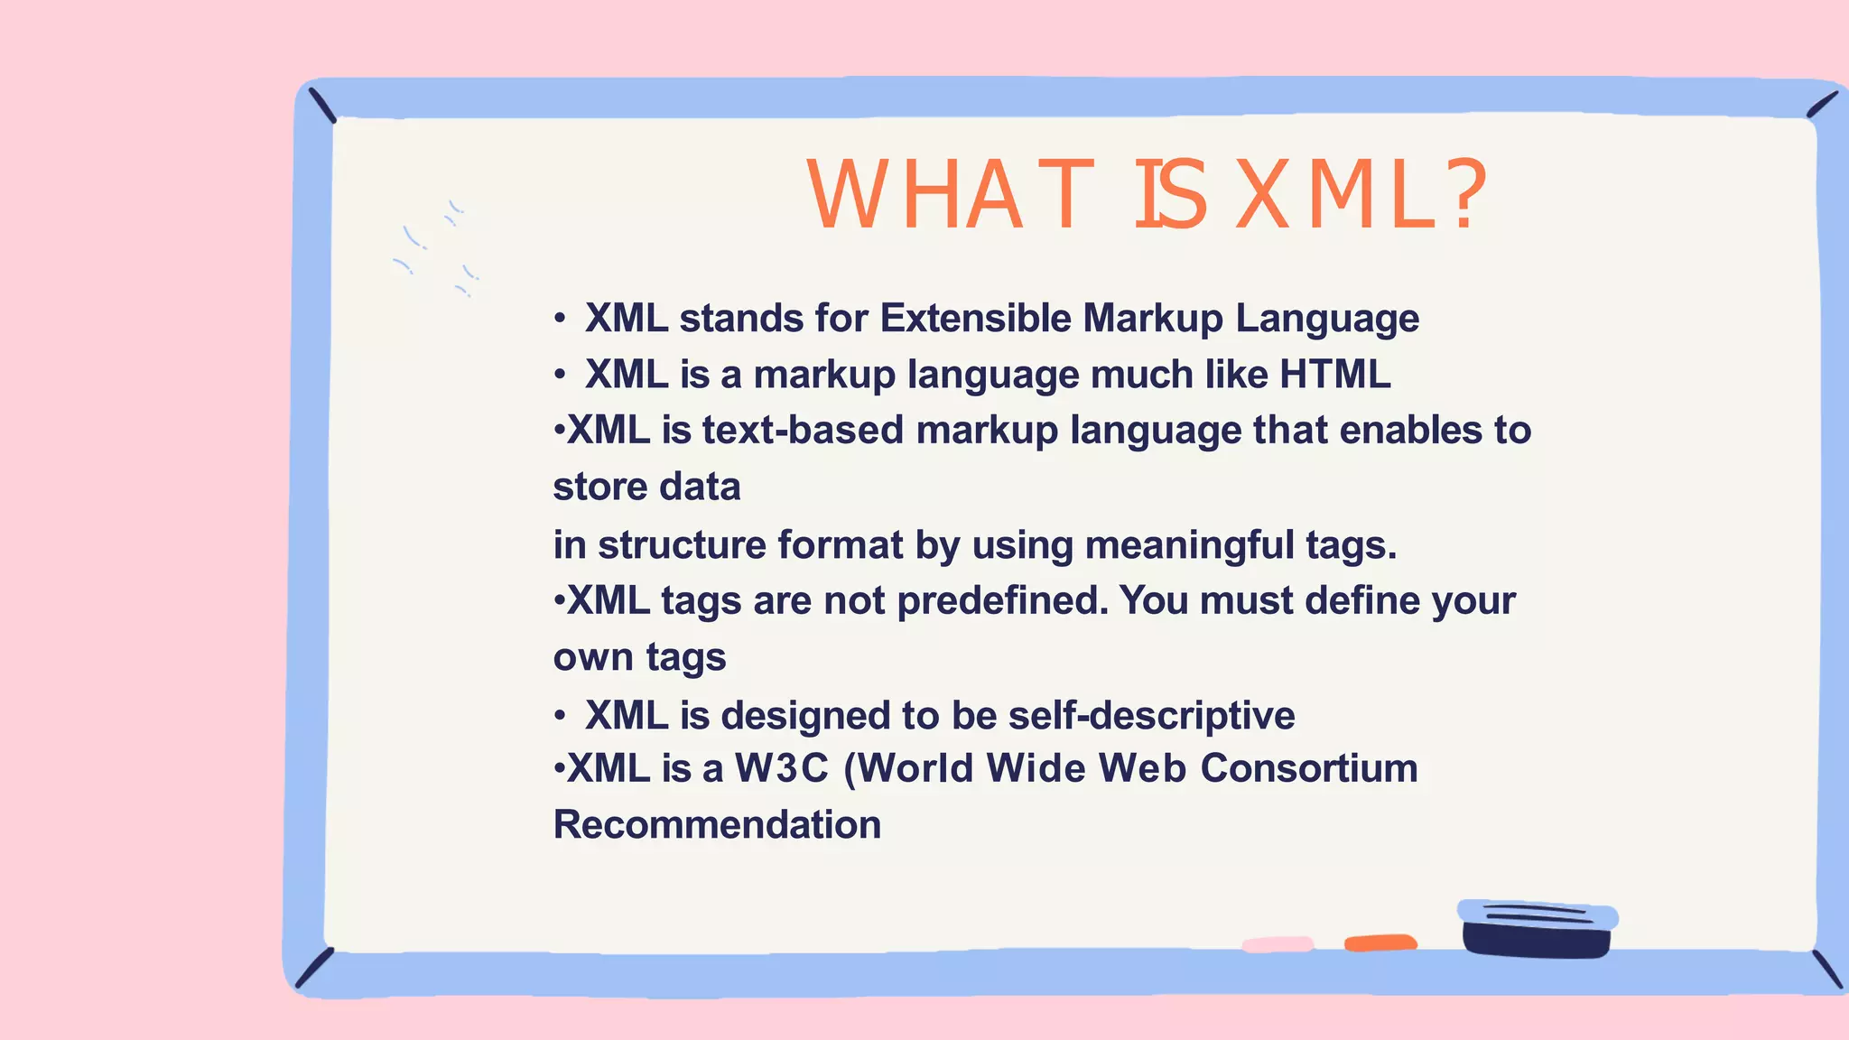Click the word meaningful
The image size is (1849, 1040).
1189,545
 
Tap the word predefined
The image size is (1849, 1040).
1002,601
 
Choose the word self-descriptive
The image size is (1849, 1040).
1151,716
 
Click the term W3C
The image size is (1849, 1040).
781,769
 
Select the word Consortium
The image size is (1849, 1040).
1308,769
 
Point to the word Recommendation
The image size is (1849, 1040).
717,825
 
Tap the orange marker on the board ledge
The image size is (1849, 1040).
1380,943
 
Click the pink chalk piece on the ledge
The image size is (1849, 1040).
1277,944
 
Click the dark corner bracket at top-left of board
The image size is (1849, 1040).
322,106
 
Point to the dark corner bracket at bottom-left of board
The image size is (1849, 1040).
314,968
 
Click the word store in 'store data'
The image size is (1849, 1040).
596,487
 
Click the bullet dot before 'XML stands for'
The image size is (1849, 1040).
560,319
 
